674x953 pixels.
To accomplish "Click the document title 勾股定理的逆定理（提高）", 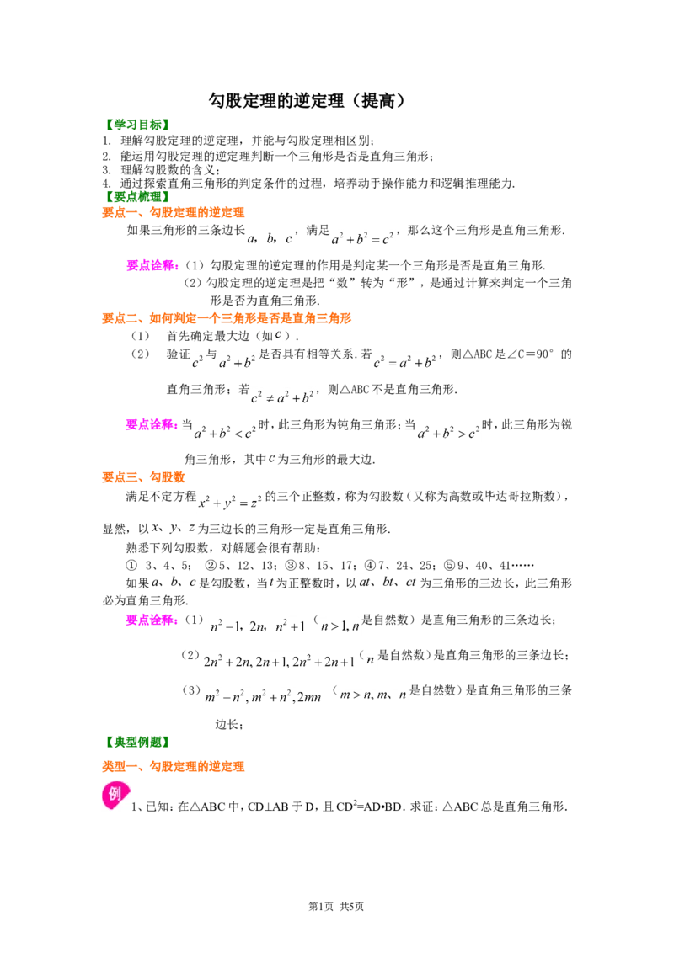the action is tap(308, 100).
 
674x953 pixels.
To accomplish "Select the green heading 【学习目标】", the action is tap(136, 125).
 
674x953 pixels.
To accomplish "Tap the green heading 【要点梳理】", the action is tap(136, 196).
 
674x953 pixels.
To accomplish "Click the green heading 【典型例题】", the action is tap(136, 742).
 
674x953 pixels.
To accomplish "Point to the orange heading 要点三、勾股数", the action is tap(143, 477).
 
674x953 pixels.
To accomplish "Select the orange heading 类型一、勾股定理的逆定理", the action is tap(174, 766).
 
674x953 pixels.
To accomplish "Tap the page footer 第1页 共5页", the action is tap(336, 906).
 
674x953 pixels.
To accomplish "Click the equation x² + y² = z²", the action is tap(230, 502).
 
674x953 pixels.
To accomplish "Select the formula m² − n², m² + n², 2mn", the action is tap(264, 696).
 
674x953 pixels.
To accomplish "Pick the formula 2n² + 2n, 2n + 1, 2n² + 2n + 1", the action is tap(279, 661).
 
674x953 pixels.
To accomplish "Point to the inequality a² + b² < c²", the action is tap(225, 433).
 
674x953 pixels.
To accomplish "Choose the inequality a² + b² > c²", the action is tap(448, 433).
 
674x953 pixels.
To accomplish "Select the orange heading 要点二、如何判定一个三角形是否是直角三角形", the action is tap(227, 318).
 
